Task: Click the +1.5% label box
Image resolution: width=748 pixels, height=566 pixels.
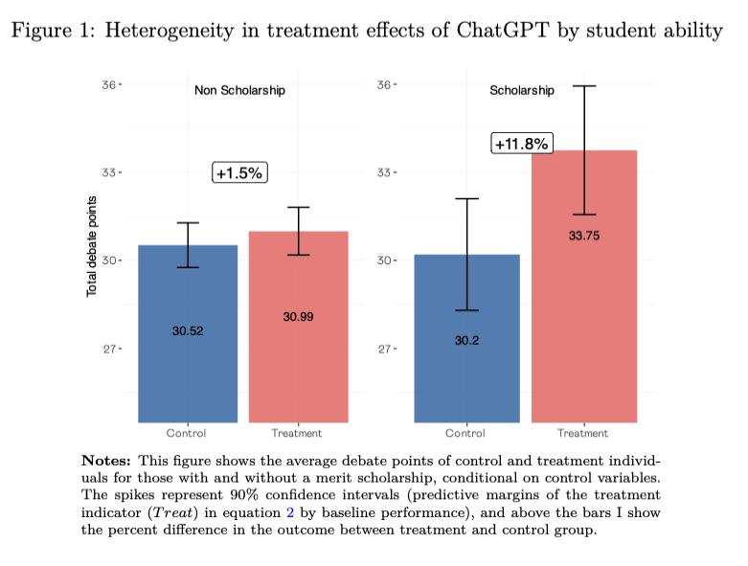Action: [238, 173]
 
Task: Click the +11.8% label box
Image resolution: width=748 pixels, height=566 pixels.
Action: [522, 144]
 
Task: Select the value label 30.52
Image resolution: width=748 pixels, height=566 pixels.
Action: [188, 331]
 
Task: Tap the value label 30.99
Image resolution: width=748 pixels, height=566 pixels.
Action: [298, 316]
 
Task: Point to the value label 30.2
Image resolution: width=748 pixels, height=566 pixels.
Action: [466, 340]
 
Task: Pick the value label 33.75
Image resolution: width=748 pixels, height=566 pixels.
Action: [583, 236]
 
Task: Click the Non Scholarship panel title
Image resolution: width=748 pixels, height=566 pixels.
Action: [239, 91]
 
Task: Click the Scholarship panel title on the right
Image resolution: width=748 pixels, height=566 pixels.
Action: [521, 91]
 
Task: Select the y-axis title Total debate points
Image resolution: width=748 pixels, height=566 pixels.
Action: [92, 247]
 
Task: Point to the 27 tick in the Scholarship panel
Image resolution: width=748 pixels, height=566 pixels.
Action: [385, 349]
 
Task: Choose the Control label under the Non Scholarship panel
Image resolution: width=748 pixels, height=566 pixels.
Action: [187, 434]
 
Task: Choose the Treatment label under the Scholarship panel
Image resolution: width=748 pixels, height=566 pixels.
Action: [583, 434]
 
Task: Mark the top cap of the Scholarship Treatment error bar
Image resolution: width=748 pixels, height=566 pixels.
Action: [584, 86]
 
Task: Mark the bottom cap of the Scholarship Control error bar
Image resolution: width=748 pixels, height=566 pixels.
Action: [467, 310]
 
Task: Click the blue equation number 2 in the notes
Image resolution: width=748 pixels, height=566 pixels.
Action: [290, 512]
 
